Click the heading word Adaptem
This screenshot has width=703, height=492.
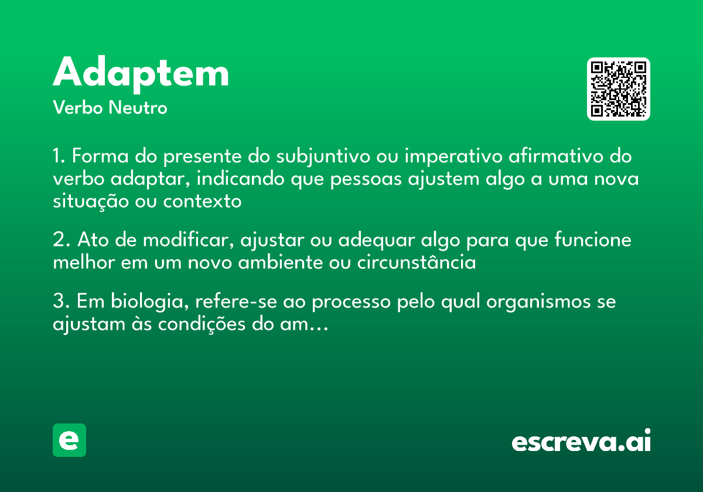click(x=141, y=73)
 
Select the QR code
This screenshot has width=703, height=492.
click(x=618, y=89)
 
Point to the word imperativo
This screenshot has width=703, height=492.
click(x=448, y=157)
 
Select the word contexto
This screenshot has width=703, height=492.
click(x=202, y=200)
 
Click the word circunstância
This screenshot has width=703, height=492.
click(x=416, y=262)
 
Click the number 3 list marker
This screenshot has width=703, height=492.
click(x=59, y=303)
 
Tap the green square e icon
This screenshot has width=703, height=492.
click(x=69, y=440)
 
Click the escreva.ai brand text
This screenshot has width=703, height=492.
click(x=581, y=442)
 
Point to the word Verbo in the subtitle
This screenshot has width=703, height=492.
click(x=77, y=108)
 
